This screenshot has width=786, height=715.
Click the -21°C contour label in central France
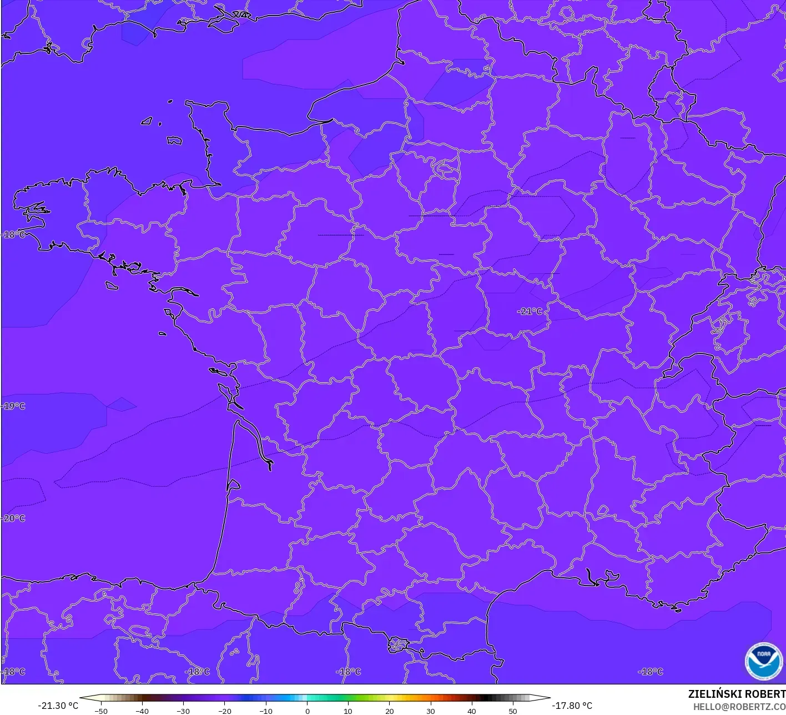click(530, 312)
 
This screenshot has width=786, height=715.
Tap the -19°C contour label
click(14, 406)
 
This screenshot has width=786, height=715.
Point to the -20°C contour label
click(14, 518)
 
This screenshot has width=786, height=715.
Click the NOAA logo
click(763, 662)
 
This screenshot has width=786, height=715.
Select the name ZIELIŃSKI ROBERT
click(737, 694)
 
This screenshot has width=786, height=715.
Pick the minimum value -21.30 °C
click(58, 706)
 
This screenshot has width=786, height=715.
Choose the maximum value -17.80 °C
click(572, 706)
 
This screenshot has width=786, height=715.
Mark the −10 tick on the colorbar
click(265, 711)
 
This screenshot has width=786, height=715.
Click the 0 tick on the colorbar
click(307, 711)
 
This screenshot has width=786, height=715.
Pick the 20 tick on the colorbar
click(389, 711)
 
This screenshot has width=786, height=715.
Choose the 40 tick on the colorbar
click(471, 711)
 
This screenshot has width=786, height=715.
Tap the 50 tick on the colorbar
click(512, 711)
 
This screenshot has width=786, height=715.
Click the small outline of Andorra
click(398, 644)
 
